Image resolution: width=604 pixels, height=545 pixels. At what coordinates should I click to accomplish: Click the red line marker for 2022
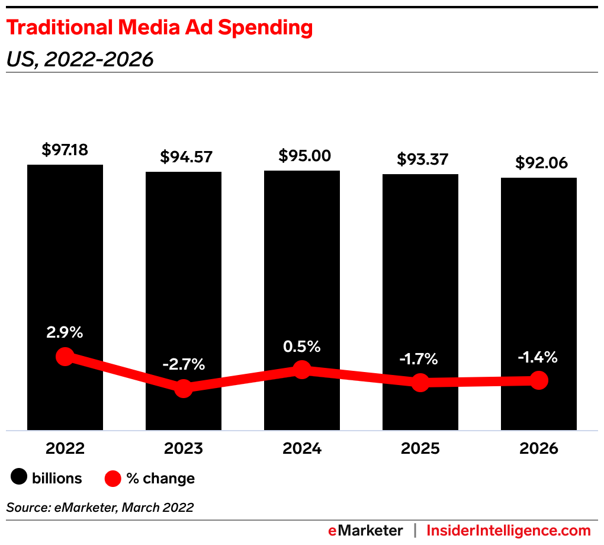pyautogui.click(x=65, y=357)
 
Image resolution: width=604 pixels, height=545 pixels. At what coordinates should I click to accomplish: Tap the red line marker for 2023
pyautogui.click(x=184, y=389)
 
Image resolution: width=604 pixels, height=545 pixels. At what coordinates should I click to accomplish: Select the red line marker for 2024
pyautogui.click(x=302, y=370)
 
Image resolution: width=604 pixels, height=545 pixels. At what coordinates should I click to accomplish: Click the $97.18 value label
pyautogui.click(x=65, y=150)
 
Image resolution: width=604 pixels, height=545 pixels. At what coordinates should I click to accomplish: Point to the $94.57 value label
pyautogui.click(x=184, y=157)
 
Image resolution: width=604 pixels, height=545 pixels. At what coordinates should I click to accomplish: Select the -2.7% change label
pyautogui.click(x=184, y=364)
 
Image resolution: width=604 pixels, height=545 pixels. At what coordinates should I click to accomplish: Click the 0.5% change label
pyautogui.click(x=302, y=346)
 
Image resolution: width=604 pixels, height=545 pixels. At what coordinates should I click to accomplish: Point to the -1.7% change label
pyautogui.click(x=420, y=358)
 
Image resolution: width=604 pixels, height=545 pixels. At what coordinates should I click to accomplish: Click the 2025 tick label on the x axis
pyautogui.click(x=420, y=448)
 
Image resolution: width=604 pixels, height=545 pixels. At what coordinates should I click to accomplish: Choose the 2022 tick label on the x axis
pyautogui.click(x=65, y=448)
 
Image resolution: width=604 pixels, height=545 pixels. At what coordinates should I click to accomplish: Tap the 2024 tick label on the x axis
pyautogui.click(x=302, y=448)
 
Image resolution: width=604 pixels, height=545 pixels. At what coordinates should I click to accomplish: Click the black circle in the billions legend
pyautogui.click(x=20, y=478)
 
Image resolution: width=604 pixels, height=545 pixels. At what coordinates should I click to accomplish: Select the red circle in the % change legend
pyautogui.click(x=113, y=478)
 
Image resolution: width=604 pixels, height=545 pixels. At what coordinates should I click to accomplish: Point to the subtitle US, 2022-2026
pyautogui.click(x=80, y=59)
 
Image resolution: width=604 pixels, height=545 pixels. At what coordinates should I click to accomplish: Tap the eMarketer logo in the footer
pyautogui.click(x=365, y=530)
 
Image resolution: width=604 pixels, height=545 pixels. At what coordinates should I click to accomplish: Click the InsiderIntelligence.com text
pyautogui.click(x=509, y=530)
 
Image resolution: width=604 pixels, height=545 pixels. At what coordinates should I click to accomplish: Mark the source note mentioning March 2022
pyautogui.click(x=100, y=507)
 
